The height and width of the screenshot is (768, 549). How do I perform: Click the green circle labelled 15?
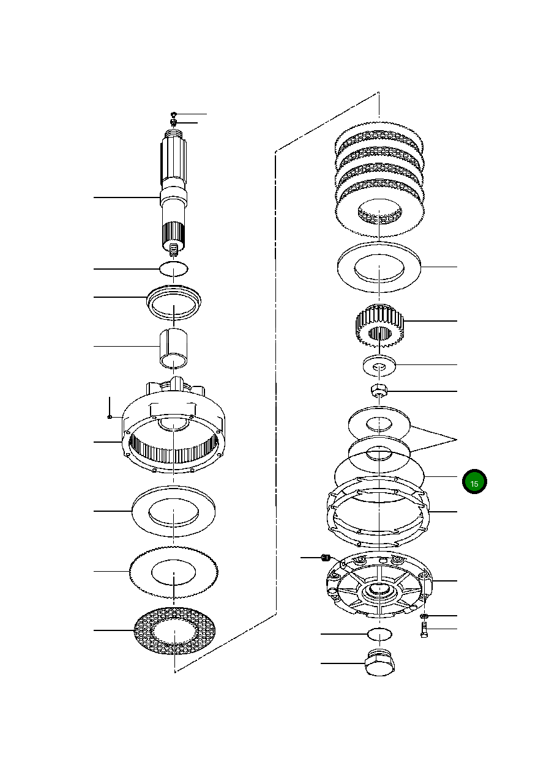click(x=474, y=482)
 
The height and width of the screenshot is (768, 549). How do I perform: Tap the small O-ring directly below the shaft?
click(x=174, y=268)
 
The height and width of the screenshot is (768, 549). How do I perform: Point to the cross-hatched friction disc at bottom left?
click(x=176, y=630)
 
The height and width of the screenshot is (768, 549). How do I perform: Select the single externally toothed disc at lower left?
click(x=174, y=572)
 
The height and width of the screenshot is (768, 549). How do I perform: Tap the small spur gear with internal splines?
click(x=379, y=324)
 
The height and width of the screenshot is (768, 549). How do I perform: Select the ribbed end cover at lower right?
click(x=379, y=587)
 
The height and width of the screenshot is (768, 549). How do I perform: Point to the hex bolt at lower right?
click(x=424, y=630)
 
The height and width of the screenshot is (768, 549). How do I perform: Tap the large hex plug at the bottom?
click(x=379, y=664)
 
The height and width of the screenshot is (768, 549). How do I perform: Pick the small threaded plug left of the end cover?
click(x=326, y=557)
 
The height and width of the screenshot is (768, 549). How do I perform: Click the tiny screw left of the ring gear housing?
click(x=109, y=417)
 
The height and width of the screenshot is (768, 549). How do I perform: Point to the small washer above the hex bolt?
click(x=425, y=616)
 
